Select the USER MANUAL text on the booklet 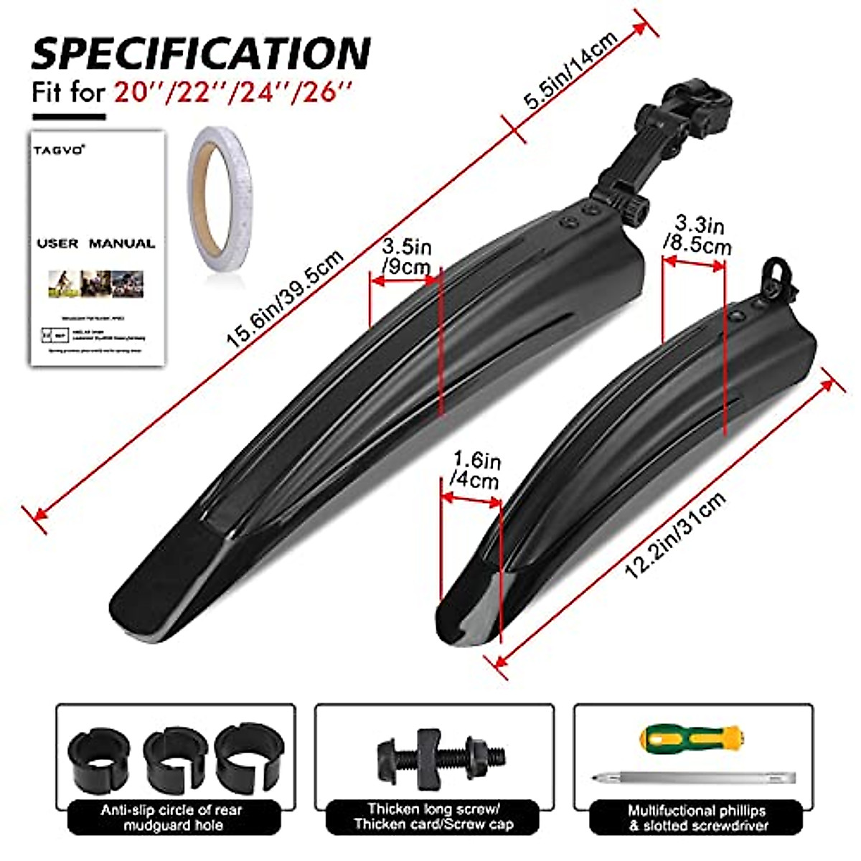click(x=96, y=243)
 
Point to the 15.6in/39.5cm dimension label click(x=286, y=298)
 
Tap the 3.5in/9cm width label click(x=406, y=258)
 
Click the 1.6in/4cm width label click(x=474, y=470)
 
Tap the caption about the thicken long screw click(x=433, y=817)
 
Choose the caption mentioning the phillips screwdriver click(x=696, y=817)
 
